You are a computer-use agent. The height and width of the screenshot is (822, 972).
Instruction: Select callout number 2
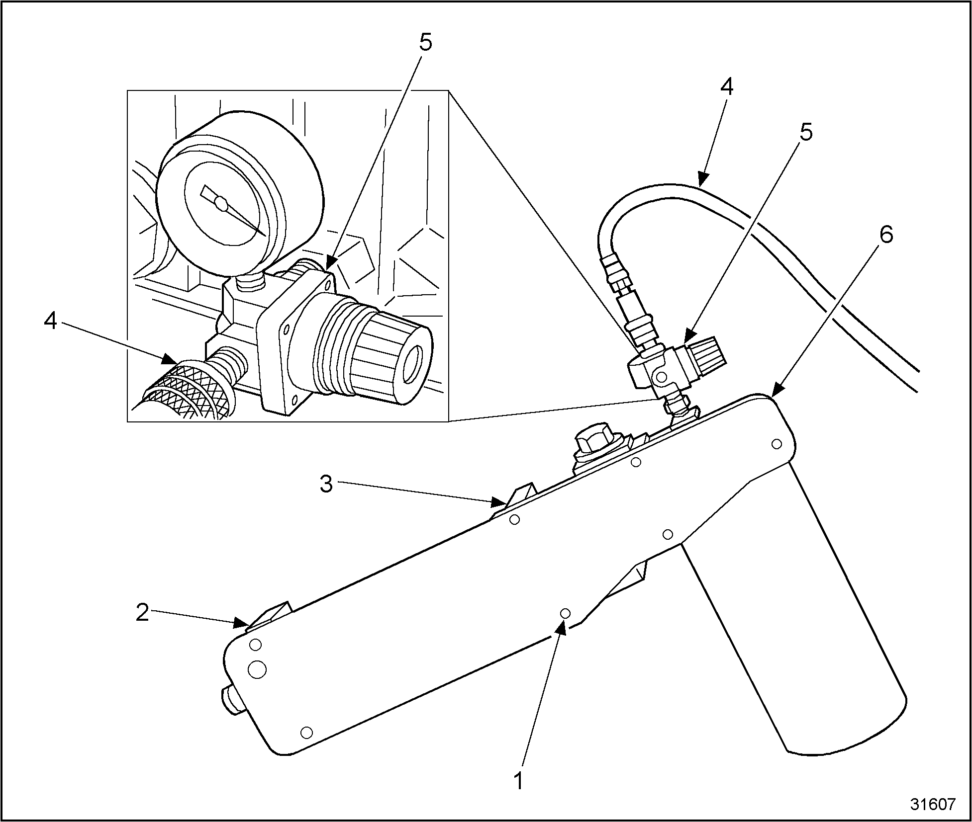(142, 613)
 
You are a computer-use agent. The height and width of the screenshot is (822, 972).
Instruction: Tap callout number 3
(326, 484)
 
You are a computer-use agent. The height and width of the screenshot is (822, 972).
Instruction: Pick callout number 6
(885, 235)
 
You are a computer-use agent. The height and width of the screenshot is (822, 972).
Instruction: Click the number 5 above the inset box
(425, 43)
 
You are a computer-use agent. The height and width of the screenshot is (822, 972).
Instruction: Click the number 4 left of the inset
(51, 322)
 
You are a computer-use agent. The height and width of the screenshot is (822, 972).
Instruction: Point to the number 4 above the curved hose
(727, 87)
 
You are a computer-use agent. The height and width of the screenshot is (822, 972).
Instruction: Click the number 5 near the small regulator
(806, 132)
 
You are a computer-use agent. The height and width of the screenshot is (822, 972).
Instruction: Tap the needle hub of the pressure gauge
(221, 203)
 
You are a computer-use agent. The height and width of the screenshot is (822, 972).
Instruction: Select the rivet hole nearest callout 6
(777, 444)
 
